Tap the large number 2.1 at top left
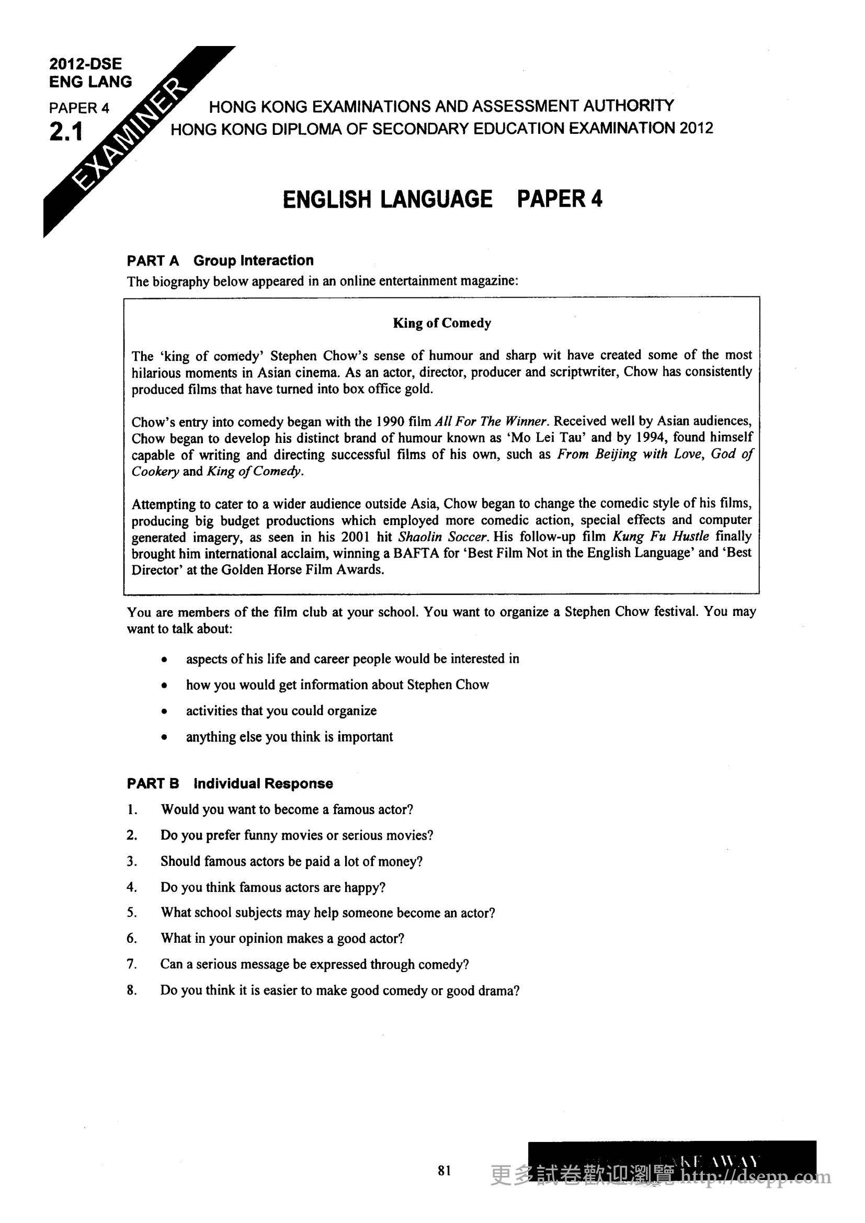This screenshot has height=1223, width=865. click(x=66, y=132)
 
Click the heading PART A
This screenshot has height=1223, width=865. click(x=153, y=260)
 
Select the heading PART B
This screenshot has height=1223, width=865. click(x=153, y=784)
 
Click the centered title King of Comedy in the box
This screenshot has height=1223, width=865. click(x=441, y=323)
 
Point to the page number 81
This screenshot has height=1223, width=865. click(x=444, y=1170)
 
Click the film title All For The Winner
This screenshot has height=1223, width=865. click(x=491, y=421)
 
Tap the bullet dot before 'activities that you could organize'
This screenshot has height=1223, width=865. click(x=165, y=712)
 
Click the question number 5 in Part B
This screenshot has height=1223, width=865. click(x=132, y=912)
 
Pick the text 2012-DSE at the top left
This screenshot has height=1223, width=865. click(x=85, y=64)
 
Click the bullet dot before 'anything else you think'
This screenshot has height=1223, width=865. click(x=165, y=738)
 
